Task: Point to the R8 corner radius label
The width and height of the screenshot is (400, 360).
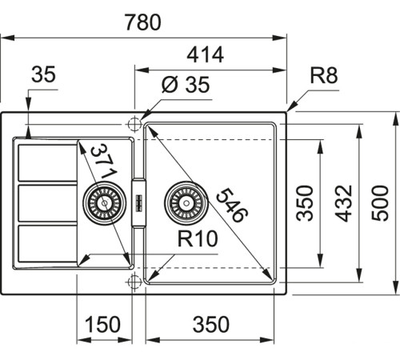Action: click(x=325, y=78)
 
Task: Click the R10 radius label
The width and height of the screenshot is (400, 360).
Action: click(x=198, y=238)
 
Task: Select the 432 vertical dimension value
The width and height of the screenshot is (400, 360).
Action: click(x=343, y=204)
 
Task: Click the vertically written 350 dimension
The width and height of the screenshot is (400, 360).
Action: click(x=303, y=204)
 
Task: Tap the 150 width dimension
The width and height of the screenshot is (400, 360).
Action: click(x=103, y=325)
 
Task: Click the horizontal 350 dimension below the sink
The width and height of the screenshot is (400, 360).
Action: click(x=212, y=325)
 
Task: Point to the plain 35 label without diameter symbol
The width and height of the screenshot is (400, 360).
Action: click(x=43, y=76)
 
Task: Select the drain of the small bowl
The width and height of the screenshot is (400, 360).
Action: click(x=104, y=203)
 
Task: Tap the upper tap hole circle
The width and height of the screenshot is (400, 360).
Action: click(x=134, y=124)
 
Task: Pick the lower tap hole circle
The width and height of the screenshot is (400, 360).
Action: click(x=134, y=281)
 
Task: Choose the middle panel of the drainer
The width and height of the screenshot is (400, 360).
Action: click(x=46, y=203)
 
